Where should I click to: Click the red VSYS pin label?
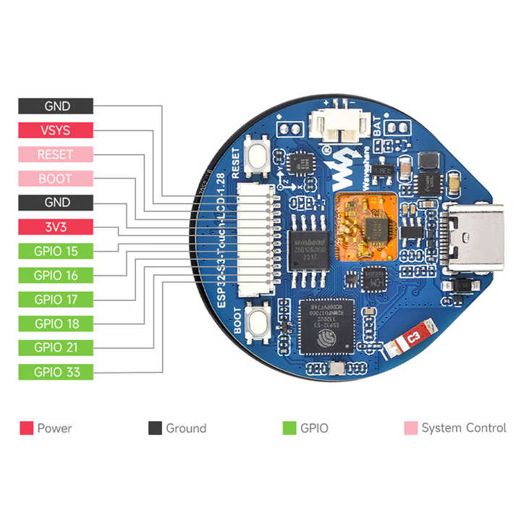[56, 130]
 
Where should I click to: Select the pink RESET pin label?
[56, 154]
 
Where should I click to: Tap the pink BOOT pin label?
[56, 179]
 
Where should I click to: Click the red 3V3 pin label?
[56, 227]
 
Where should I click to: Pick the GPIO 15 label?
[56, 251]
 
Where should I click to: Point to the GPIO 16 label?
[56, 275]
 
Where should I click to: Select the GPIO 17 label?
[56, 300]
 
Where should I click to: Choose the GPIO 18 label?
[56, 323]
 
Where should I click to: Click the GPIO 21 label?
[56, 347]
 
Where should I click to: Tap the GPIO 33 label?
[56, 372]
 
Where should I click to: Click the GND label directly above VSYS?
[56, 106]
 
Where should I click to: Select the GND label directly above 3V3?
[56, 203]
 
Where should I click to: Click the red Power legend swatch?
[27, 428]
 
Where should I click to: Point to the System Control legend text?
[463, 428]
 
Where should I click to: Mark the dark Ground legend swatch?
[155, 428]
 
